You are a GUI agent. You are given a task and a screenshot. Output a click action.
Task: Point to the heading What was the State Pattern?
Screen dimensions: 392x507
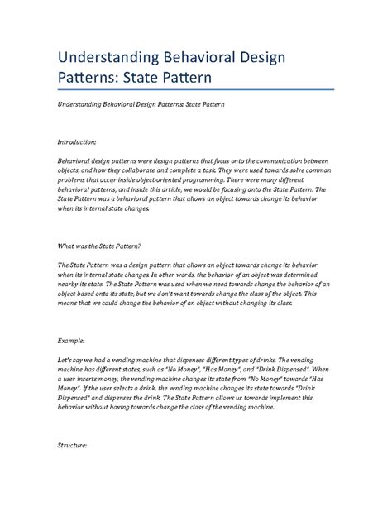(x=99, y=246)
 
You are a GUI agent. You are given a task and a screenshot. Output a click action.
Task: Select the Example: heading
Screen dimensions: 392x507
(x=72, y=339)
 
